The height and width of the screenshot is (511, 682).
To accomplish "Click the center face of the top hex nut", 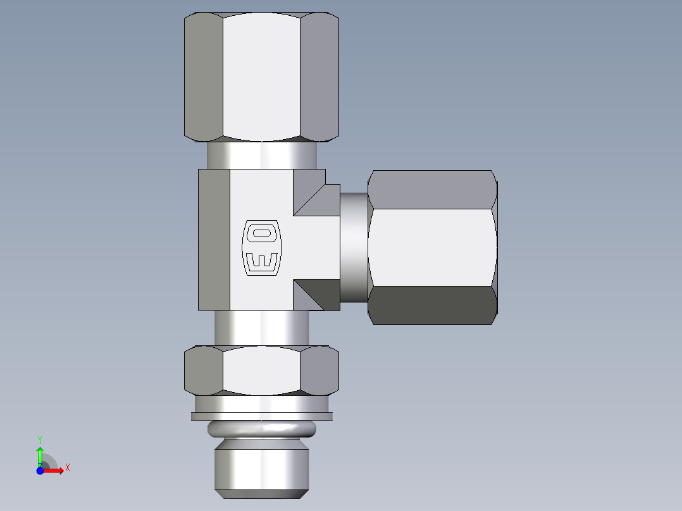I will coord(261,76).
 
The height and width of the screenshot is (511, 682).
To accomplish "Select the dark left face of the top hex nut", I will coord(203,76).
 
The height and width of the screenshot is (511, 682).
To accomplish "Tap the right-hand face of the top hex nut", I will coord(319,76).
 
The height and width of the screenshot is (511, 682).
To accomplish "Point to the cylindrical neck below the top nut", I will coord(261,155).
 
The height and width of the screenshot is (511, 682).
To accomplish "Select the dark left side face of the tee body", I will coord(214,239).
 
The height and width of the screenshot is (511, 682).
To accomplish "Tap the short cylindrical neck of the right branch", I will coord(354,247).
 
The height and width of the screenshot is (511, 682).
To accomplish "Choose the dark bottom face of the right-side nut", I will coord(431,305).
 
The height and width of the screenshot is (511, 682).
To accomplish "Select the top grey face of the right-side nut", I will coord(431,189).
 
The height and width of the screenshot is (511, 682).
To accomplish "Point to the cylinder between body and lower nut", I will coord(261,328).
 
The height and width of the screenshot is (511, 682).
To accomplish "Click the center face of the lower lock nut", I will coord(261,370).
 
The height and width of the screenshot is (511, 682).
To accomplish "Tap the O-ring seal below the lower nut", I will coord(261,429).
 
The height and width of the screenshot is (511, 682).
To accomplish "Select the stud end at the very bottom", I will coord(261,468).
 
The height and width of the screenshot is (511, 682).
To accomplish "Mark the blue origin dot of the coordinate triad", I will coord(40,471).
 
